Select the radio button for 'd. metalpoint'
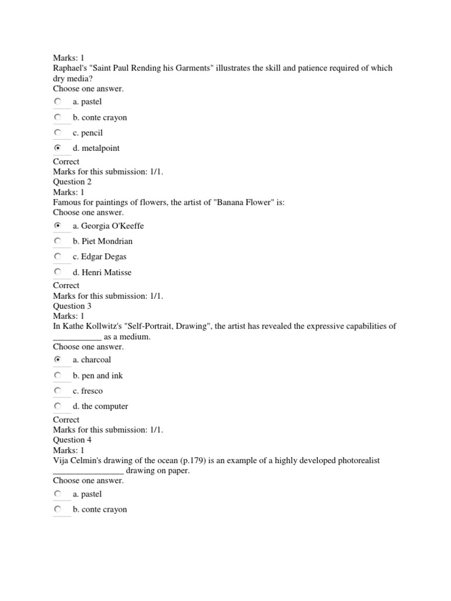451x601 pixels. tap(58, 148)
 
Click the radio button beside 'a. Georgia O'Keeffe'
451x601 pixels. tap(58, 225)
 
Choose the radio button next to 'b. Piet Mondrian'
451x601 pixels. tap(58, 241)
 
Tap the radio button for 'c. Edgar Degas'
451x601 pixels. tap(58, 256)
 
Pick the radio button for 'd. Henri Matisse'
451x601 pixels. tap(58, 272)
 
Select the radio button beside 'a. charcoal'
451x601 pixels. tap(58, 359)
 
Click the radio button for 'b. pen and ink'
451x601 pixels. tap(58, 375)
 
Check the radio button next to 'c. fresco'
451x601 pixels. tap(58, 390)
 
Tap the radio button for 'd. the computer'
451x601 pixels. tap(58, 406)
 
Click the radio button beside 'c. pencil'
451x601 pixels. tap(58, 133)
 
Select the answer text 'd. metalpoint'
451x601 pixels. tap(96, 148)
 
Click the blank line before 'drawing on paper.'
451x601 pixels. tap(88, 471)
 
